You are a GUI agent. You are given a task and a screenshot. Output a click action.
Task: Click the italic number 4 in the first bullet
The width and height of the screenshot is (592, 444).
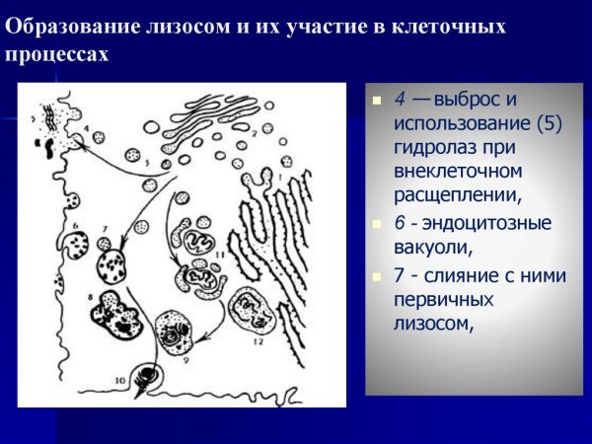[400, 100]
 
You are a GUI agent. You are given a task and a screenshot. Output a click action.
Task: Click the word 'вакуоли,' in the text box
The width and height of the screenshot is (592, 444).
[430, 248]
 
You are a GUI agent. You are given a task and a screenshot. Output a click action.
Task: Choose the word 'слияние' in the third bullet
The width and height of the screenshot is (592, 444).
[454, 275]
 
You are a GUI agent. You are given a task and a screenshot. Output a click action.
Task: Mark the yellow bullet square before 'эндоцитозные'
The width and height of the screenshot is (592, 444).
[376, 224]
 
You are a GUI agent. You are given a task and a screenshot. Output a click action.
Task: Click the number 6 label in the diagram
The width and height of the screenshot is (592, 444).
[76, 225]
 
